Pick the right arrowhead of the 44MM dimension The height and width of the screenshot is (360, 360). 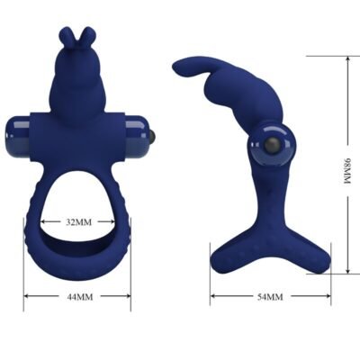[129, 295]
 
